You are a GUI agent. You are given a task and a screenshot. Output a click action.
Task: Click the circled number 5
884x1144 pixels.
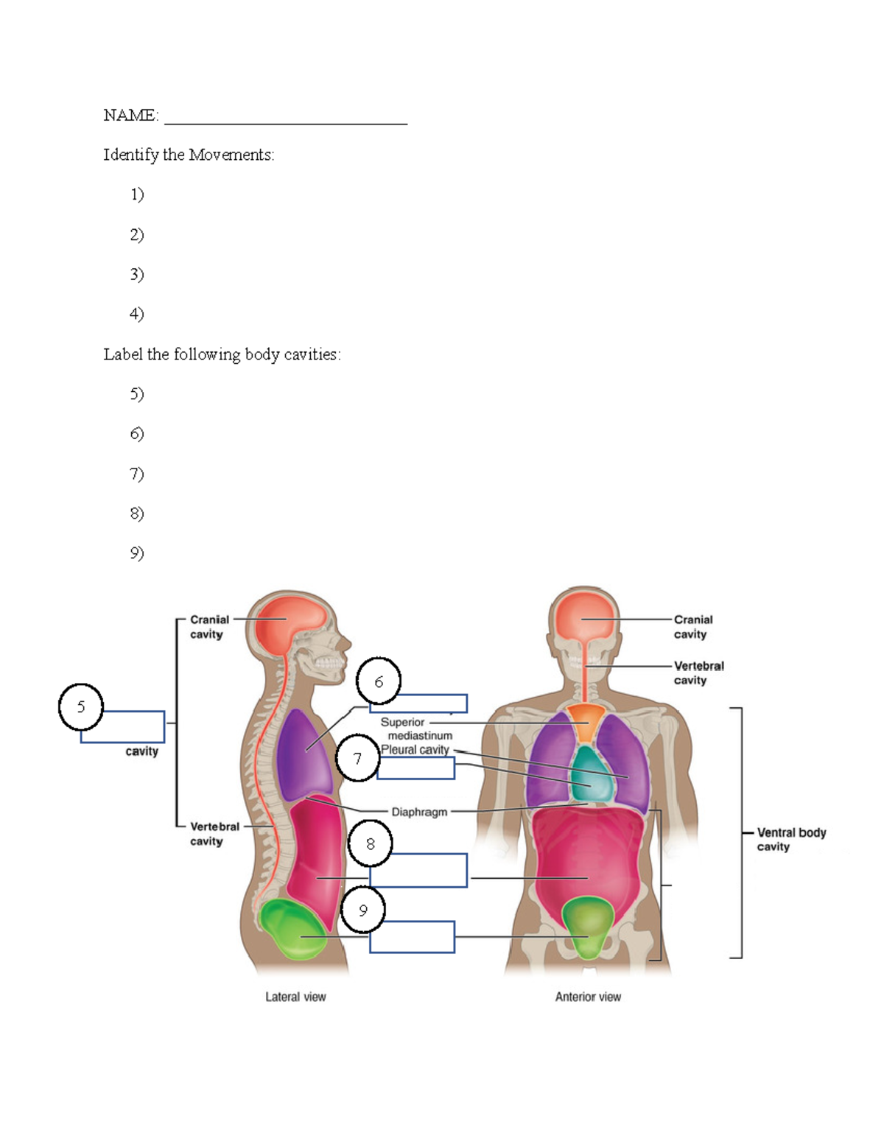81,706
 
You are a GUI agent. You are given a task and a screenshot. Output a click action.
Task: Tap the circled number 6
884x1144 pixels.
379,681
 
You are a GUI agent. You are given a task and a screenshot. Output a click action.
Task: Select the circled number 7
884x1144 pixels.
358,758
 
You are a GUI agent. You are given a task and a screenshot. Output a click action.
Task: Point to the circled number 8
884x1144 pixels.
370,843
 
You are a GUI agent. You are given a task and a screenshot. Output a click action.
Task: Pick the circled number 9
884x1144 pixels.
363,910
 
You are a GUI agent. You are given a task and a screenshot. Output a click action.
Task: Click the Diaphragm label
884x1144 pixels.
419,812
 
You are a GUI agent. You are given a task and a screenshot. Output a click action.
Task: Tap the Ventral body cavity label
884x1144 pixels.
790,839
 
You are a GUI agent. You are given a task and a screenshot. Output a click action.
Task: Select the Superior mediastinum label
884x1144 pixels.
415,729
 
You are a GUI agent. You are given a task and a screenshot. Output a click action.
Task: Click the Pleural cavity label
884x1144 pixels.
415,749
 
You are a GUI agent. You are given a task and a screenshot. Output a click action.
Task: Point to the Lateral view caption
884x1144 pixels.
295,997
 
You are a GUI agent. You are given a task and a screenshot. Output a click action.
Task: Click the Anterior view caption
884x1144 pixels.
588,997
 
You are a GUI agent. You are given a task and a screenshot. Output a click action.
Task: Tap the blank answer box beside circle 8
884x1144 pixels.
418,870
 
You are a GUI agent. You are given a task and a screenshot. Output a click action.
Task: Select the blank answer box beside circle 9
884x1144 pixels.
412,937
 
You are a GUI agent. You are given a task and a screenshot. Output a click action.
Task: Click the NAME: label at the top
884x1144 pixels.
130,115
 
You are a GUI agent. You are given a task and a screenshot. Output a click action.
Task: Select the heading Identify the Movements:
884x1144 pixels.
189,155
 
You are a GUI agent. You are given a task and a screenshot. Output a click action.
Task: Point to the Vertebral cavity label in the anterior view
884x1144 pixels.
698,673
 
